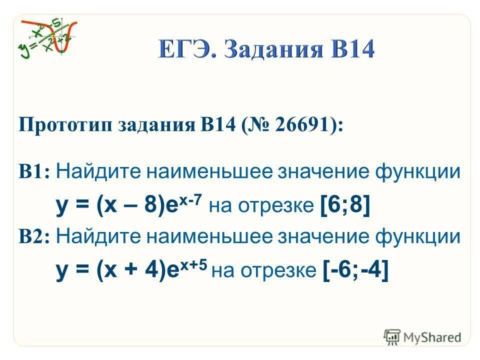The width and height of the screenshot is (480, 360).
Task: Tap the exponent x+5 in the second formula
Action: tap(192, 263)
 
